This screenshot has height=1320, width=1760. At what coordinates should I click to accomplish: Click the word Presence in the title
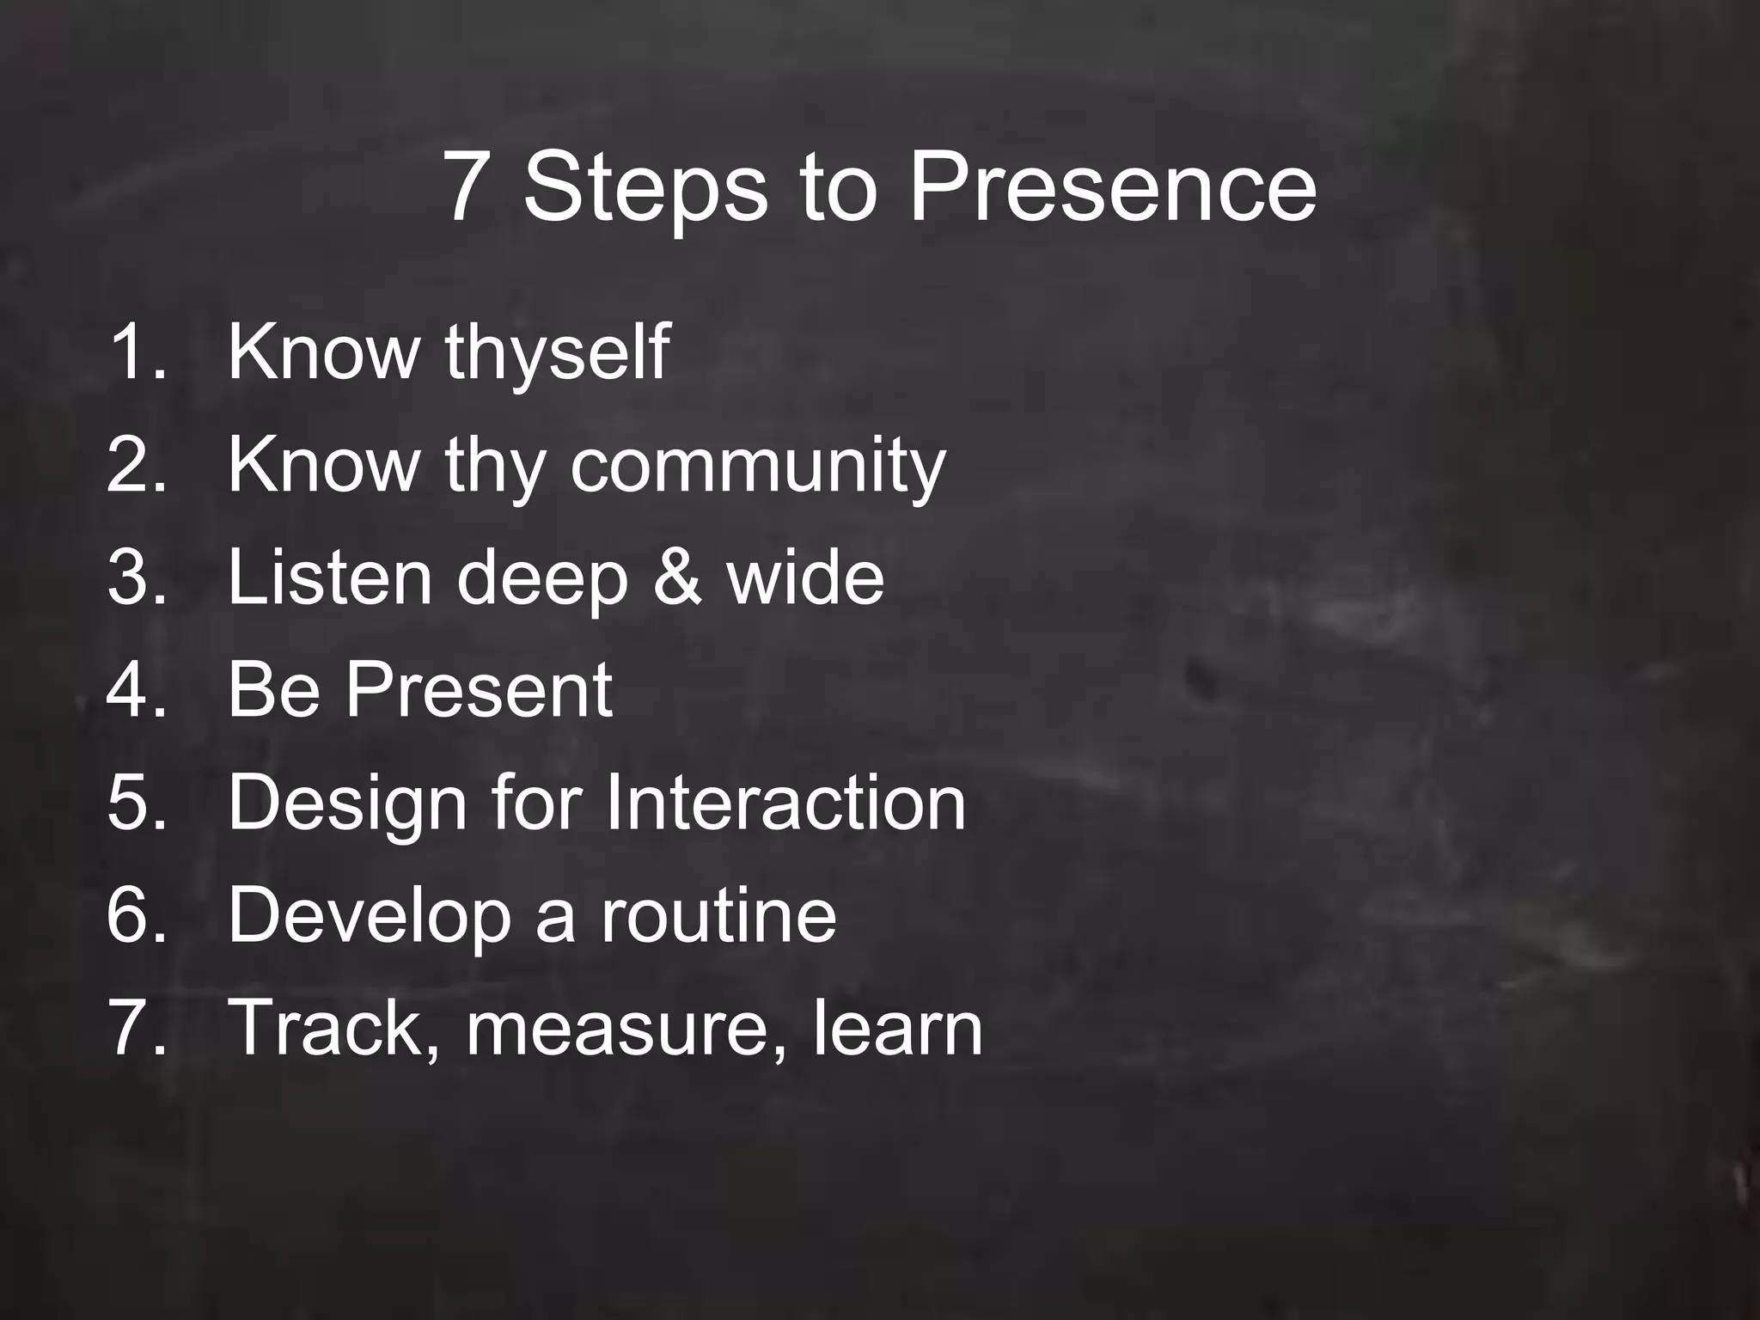(1112, 186)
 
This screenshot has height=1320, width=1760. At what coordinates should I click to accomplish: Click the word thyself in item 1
(557, 352)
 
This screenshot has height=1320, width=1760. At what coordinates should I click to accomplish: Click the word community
(757, 466)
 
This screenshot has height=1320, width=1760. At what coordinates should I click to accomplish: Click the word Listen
(330, 577)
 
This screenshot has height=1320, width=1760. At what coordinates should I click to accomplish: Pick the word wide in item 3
(805, 577)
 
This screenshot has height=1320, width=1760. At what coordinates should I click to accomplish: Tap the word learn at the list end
(897, 1027)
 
